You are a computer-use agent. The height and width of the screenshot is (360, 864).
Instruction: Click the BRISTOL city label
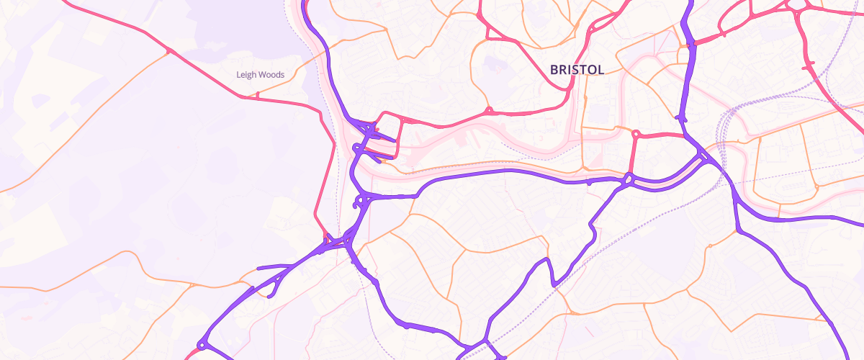point(577,69)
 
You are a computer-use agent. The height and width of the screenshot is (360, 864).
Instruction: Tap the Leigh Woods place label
point(260,74)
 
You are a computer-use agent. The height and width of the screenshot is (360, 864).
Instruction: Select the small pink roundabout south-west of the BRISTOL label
point(490,111)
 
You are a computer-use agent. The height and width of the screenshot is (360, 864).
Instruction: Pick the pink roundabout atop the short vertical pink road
point(636,134)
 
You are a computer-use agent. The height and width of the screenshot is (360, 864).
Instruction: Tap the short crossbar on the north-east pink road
point(808,66)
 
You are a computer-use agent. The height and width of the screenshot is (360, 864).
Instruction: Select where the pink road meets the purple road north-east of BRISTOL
point(690,45)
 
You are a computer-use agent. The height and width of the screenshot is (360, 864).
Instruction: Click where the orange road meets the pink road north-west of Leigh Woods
point(168,51)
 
